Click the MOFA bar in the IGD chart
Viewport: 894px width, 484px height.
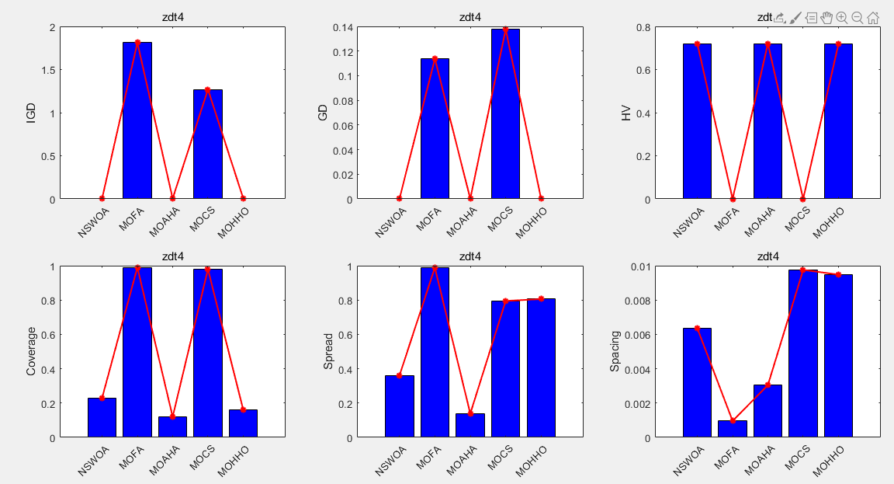[x=137, y=120]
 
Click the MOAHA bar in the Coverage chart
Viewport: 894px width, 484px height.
[x=172, y=427]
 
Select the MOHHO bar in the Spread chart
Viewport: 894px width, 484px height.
[x=541, y=368]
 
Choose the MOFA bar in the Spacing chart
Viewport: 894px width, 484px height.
[x=733, y=429]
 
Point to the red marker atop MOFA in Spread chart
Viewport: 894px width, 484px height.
[x=435, y=267]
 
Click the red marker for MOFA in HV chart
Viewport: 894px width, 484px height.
[x=733, y=199]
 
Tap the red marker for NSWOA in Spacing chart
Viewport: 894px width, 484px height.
[x=697, y=328]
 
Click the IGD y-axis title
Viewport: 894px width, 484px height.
[x=31, y=113]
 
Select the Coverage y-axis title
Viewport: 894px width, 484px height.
[x=31, y=352]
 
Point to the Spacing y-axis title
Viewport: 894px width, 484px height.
[x=615, y=352]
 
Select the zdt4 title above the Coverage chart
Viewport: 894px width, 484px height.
[x=172, y=256]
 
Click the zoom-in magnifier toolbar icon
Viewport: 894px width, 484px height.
[x=842, y=17]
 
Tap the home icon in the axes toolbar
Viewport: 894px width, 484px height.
[x=873, y=17]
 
